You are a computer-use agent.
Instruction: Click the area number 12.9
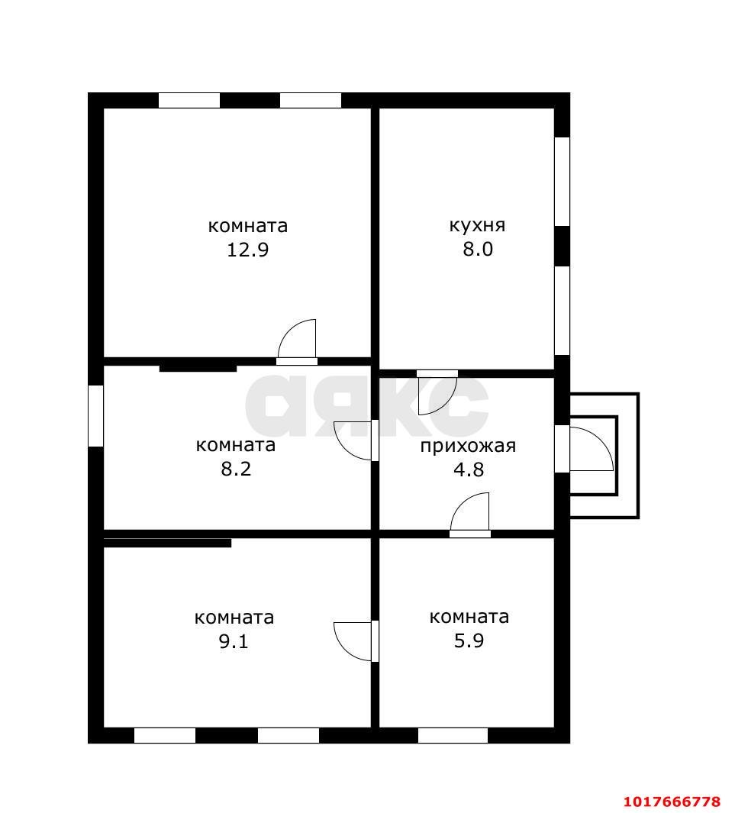click(248, 250)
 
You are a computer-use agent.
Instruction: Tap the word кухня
click(477, 225)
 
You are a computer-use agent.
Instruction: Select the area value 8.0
click(477, 250)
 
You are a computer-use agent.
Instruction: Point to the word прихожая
click(468, 446)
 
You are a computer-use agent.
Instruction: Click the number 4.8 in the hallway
click(469, 469)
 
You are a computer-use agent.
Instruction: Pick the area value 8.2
click(236, 469)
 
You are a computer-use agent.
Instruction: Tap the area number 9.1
click(234, 641)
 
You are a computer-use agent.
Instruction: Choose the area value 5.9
click(469, 641)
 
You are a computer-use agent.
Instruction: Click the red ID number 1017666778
click(672, 802)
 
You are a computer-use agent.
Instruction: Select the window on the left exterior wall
click(96, 415)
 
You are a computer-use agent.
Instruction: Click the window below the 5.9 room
click(453, 735)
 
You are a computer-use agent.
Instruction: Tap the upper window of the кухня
click(563, 182)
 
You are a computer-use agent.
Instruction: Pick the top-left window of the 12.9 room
click(189, 101)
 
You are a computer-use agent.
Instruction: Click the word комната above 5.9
click(469, 617)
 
